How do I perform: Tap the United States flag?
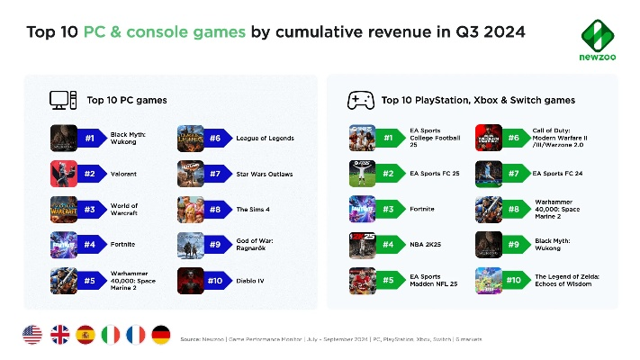[32, 336]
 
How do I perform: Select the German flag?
[161, 336]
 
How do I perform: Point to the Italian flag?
[110, 336]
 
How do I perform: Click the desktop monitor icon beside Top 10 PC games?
[59, 99]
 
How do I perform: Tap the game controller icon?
[361, 99]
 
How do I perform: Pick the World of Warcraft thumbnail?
[64, 209]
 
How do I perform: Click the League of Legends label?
[265, 139]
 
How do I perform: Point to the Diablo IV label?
[252, 280]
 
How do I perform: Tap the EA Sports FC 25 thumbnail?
[362, 174]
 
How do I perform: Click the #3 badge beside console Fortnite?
[389, 209]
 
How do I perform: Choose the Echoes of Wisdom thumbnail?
[488, 280]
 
